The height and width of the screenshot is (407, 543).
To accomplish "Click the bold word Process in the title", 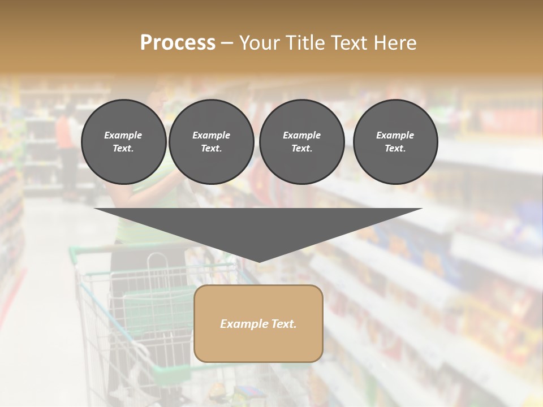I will click(x=178, y=43).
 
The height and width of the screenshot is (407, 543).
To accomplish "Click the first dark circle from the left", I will click(x=123, y=142).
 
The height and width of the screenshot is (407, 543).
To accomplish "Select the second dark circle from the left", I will click(x=211, y=142).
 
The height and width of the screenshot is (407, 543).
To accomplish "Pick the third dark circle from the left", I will click(x=301, y=142).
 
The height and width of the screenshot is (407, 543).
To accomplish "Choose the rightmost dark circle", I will click(x=395, y=142).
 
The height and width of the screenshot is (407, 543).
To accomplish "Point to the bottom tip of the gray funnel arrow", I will click(x=258, y=261).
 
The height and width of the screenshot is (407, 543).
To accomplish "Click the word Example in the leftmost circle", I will click(x=123, y=135).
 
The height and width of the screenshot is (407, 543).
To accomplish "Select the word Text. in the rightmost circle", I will click(x=395, y=149).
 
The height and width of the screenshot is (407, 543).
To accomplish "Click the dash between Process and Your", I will click(x=227, y=44).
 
